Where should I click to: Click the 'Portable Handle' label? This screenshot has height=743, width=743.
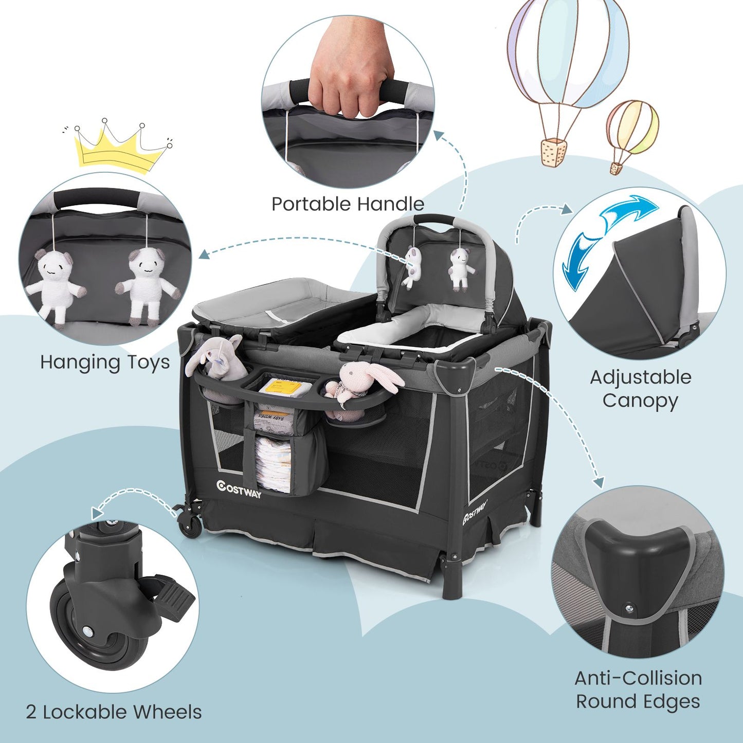(x=348, y=204)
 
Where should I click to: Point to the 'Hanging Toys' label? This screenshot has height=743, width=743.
(x=105, y=363)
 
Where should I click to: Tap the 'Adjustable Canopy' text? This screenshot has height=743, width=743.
(x=640, y=389)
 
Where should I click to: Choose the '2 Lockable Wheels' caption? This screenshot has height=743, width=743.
(x=114, y=712)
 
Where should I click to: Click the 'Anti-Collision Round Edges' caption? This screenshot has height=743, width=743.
(x=638, y=690)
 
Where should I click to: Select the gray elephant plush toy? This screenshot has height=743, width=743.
(x=219, y=358)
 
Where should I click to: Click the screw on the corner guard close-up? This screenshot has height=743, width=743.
(x=629, y=609)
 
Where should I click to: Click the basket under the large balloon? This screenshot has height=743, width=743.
(x=554, y=151)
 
